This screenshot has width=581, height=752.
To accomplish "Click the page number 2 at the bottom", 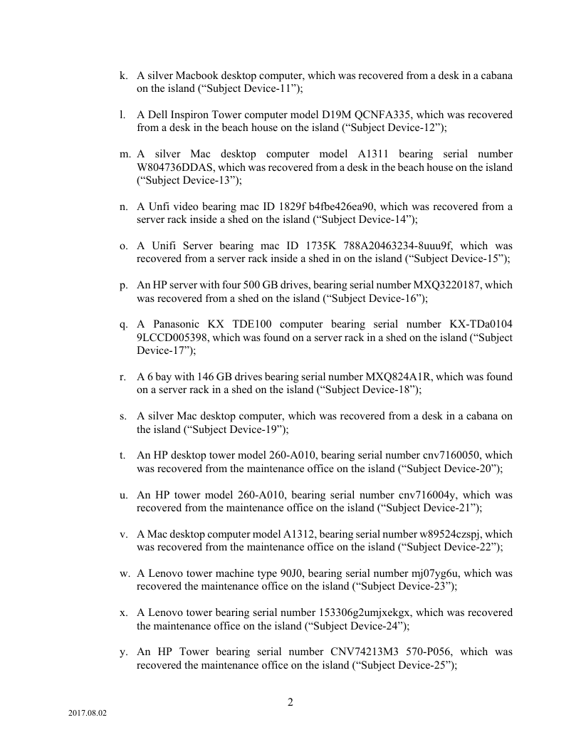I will pos(290,702).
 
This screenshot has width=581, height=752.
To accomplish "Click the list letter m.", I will pos(125,154).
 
